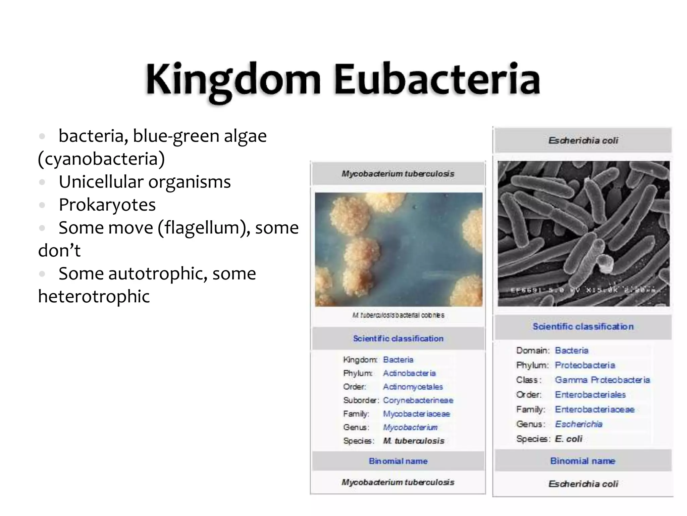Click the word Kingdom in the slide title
click(233, 80)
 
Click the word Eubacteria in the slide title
click(437, 80)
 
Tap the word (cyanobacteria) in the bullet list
click(101, 159)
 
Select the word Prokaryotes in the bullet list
click(107, 205)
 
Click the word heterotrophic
click(94, 296)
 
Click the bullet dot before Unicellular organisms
click(42, 182)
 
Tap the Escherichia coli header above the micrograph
click(583, 140)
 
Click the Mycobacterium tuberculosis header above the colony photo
click(398, 174)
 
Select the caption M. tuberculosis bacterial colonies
click(398, 315)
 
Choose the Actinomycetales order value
click(413, 387)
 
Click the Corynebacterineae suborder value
click(418, 400)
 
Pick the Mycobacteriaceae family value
click(416, 414)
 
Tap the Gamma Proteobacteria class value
click(602, 380)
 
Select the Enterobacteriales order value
click(590, 395)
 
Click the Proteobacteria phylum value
click(585, 365)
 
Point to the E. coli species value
click(569, 439)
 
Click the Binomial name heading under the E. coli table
click(583, 461)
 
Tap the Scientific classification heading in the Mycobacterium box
click(398, 338)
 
